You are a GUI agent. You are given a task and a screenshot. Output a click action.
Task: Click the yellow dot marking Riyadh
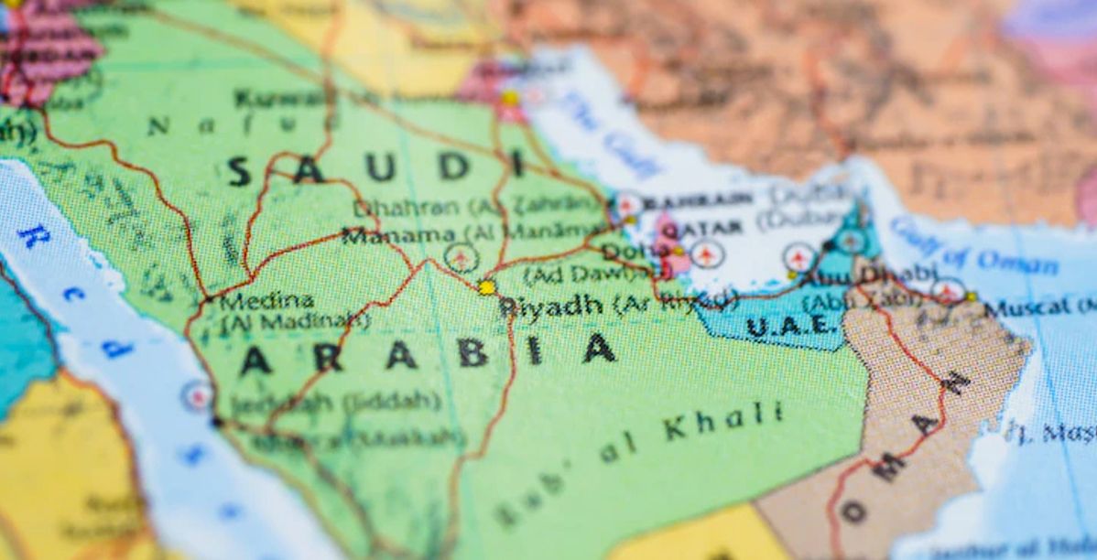pos(486,287)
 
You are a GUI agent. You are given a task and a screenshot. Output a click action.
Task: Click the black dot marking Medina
pos(209,298)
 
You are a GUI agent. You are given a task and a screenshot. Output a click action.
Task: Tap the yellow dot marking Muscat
pos(971,296)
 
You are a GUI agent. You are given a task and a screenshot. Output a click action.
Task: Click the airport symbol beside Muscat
pos(948,291)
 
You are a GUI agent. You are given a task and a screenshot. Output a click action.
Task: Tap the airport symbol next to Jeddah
pos(197,395)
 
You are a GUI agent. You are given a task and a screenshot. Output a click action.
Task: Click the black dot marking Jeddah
pos(216,422)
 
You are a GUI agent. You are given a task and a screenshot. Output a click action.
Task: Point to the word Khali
pos(723,421)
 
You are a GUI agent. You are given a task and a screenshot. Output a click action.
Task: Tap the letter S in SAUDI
pos(239,171)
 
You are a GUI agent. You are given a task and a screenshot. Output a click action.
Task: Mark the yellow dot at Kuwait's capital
pos(510,98)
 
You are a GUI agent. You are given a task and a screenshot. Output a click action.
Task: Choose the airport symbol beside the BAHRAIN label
pos(628,204)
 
